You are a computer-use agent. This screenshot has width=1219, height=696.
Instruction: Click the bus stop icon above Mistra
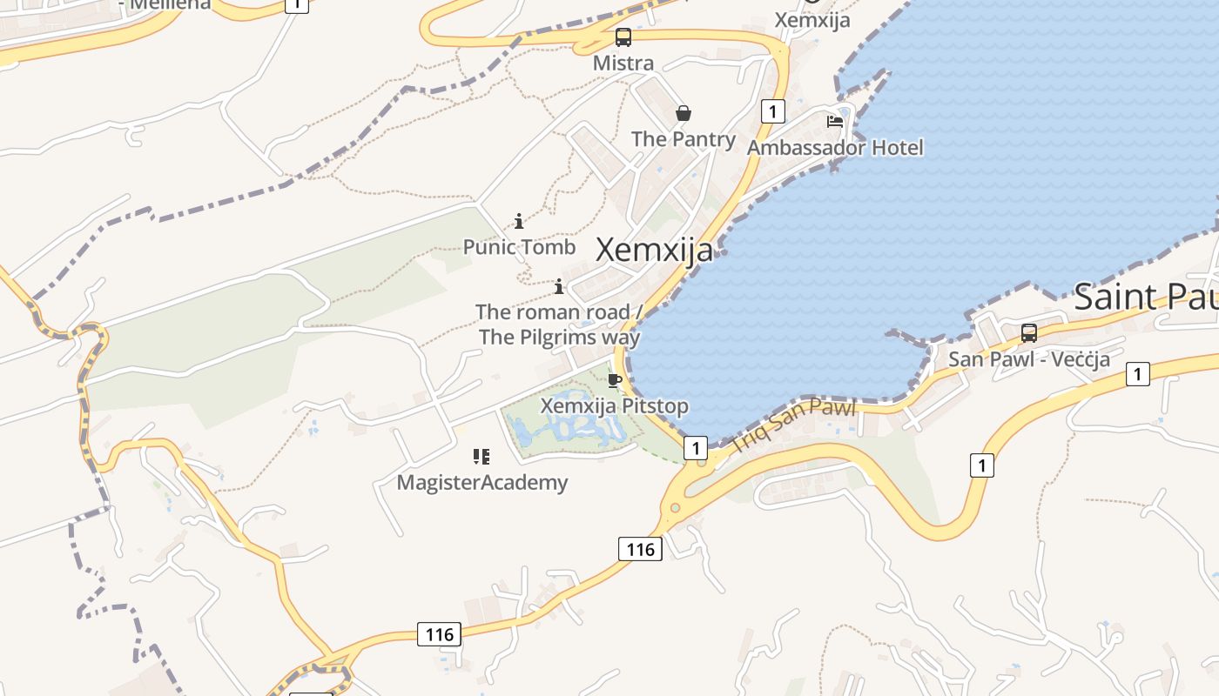[623, 37]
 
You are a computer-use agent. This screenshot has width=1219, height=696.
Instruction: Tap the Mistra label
[623, 64]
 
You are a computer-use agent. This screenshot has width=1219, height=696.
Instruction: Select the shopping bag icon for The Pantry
[684, 113]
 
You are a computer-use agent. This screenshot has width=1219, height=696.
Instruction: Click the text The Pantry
[684, 139]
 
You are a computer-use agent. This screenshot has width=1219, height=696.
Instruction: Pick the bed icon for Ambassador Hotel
[835, 122]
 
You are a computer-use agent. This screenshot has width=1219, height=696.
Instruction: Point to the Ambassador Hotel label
[835, 148]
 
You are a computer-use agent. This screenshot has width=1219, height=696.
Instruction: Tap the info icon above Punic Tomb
[519, 222]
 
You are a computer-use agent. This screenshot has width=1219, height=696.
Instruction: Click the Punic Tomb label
[519, 247]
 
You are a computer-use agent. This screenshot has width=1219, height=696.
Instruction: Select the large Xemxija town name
[655, 251]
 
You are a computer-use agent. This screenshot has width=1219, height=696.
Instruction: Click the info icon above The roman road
[559, 286]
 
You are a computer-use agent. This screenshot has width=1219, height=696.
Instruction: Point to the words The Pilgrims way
[560, 338]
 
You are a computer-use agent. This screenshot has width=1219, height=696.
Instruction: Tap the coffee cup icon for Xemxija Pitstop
[615, 380]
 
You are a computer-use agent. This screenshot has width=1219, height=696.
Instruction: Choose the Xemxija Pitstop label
[615, 406]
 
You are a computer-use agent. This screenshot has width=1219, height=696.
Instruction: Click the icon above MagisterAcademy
[482, 457]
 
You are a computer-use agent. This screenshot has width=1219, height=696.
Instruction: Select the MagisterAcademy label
[482, 483]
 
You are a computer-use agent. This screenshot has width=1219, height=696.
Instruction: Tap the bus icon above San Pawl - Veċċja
[1029, 332]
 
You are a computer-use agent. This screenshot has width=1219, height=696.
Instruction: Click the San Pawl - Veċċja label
[1029, 359]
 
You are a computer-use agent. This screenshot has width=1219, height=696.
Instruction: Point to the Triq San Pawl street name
[794, 425]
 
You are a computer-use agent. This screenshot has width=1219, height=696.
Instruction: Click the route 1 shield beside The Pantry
[772, 111]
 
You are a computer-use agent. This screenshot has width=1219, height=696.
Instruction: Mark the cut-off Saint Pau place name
[1146, 298]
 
